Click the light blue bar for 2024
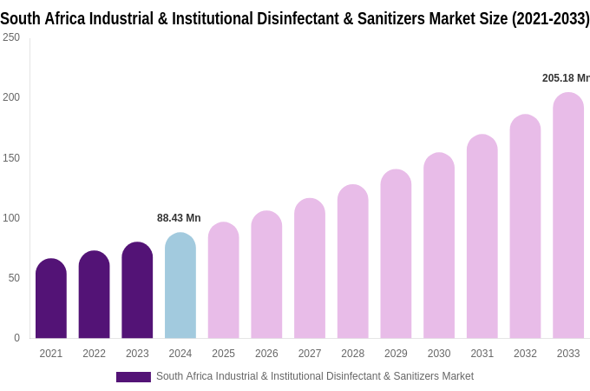(180, 286)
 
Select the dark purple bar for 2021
(51, 299)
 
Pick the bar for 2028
(353, 262)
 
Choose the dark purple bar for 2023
(137, 290)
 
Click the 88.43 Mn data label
(179, 218)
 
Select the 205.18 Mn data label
(566, 78)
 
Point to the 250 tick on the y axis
(11, 37)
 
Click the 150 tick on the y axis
(11, 157)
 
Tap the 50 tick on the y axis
(14, 278)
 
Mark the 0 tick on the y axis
(16, 338)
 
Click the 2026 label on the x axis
(266, 354)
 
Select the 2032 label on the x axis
(525, 354)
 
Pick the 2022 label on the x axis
(94, 354)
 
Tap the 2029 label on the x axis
(396, 354)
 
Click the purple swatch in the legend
(134, 377)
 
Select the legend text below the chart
(315, 376)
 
